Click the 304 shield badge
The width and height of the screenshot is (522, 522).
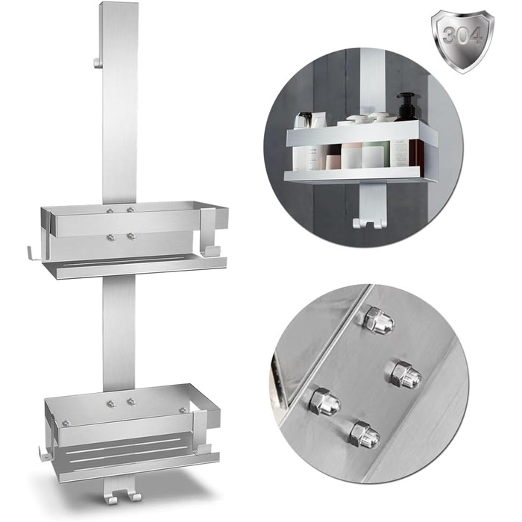coord(462,41)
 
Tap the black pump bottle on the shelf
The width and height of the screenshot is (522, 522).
coord(405,107)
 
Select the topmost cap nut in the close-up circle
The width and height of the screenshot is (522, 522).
coord(379,320)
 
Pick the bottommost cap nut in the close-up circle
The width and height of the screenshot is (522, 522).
coord(364,434)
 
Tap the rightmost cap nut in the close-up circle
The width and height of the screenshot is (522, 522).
coord(406,374)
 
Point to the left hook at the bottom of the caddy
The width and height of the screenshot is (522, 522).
coord(110,494)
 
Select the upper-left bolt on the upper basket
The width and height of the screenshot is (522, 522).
coord(110,210)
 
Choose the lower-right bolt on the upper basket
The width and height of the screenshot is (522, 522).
coord(131,236)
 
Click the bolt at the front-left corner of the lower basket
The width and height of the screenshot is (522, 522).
coord(66,424)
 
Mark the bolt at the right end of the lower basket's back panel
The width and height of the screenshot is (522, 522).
coord(183,410)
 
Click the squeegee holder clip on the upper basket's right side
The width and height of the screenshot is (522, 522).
coord(210,232)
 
